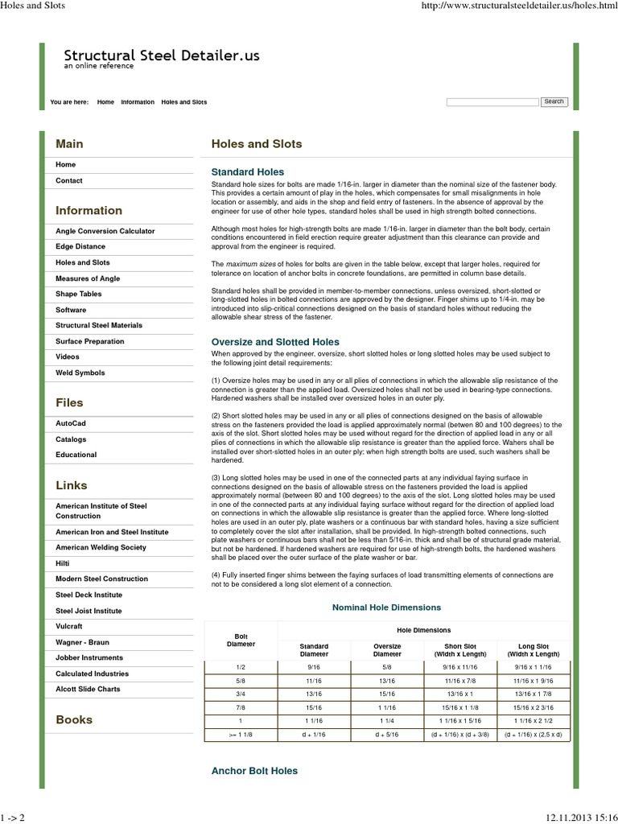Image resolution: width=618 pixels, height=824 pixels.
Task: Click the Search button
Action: pyautogui.click(x=554, y=101)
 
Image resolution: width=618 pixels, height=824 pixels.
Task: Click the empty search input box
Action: pyautogui.click(x=492, y=102)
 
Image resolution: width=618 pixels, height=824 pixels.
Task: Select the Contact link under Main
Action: pyautogui.click(x=69, y=181)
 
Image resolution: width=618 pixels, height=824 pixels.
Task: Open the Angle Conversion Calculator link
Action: pyautogui.click(x=105, y=231)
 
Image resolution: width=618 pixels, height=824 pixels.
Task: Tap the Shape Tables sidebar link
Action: pyautogui.click(x=79, y=294)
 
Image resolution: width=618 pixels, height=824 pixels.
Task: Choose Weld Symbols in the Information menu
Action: pyautogui.click(x=80, y=373)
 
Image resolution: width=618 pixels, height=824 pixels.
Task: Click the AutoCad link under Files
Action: pyautogui.click(x=71, y=422)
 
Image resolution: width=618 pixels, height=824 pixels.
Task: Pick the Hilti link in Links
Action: pyautogui.click(x=63, y=563)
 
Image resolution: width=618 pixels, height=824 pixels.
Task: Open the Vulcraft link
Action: pyautogui.click(x=69, y=626)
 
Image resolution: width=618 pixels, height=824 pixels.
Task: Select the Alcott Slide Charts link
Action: pyautogui.click(x=88, y=689)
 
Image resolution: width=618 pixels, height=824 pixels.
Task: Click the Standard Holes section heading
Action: pyautogui.click(x=247, y=172)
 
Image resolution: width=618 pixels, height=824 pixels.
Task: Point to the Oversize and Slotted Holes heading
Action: pyautogui.click(x=275, y=342)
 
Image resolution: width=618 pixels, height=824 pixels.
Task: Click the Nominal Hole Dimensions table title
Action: pyautogui.click(x=386, y=608)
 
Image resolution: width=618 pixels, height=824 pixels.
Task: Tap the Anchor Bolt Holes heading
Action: pyautogui.click(x=254, y=771)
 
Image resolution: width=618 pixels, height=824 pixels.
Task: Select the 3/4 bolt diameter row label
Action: pyautogui.click(x=241, y=694)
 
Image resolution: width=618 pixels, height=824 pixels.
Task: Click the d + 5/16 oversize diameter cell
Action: pyautogui.click(x=387, y=735)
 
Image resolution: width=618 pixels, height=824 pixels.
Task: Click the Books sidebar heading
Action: pyautogui.click(x=74, y=719)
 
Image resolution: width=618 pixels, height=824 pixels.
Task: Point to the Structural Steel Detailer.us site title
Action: pyautogui.click(x=162, y=56)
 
